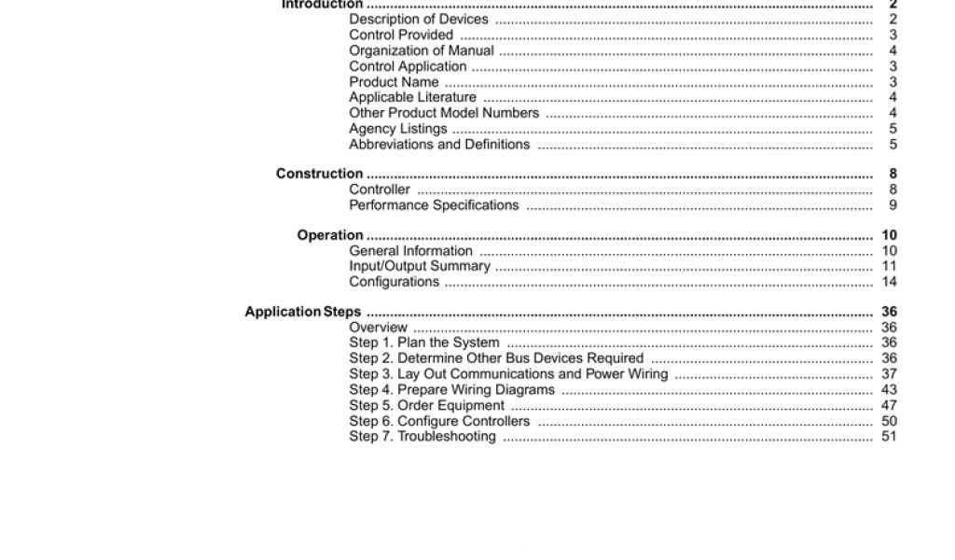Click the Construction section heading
pos(319,174)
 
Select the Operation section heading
pos(329,235)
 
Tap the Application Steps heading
pos(302,312)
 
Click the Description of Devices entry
pos(418,20)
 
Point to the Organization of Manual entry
pos(422,50)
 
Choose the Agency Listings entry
pos(397,129)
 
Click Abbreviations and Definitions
pos(439,145)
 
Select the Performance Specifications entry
pos(434,205)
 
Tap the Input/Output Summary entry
pos(420,266)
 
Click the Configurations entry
pos(394,282)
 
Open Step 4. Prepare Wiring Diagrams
pos(451,390)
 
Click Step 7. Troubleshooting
pos(422,437)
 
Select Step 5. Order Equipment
pos(426,406)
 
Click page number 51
pos(889,437)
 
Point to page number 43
pos(889,390)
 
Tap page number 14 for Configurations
pos(889,282)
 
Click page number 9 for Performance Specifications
pos(893,205)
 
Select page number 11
pos(889,266)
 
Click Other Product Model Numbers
pos(444,113)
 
